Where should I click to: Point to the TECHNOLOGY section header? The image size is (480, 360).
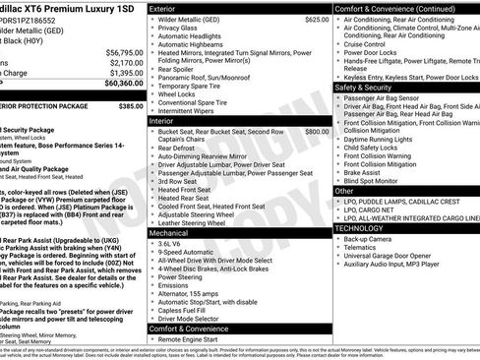[x=361, y=227]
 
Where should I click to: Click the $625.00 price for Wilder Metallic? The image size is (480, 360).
[x=317, y=20]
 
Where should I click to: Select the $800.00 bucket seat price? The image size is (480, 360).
[x=317, y=131]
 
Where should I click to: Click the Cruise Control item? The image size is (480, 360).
[x=372, y=44]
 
